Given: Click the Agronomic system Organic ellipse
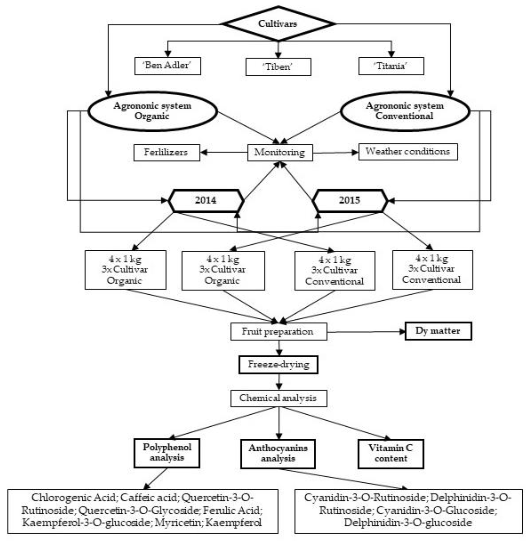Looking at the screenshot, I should pyautogui.click(x=152, y=111).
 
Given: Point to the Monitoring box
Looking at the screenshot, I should pyautogui.click(x=280, y=152).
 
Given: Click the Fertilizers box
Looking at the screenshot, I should pyautogui.click(x=166, y=152).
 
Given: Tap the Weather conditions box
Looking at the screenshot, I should pyautogui.click(x=408, y=152).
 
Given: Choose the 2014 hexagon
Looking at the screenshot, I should pyautogui.click(x=206, y=200).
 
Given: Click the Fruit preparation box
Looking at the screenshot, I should pyautogui.click(x=278, y=331).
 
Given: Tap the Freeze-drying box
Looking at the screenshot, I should pyautogui.click(x=278, y=365).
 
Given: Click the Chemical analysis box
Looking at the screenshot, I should pyautogui.click(x=278, y=398).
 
